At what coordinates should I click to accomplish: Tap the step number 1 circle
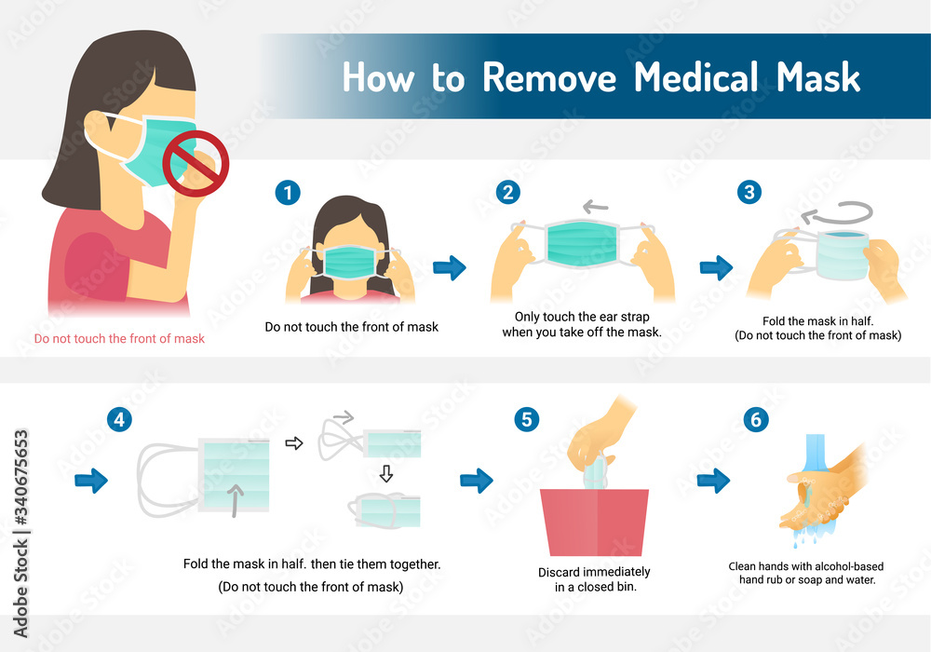pos(289,193)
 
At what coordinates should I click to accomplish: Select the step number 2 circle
pos(507,193)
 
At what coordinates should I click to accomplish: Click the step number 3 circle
pos(749,193)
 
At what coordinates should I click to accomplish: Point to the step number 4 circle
pos(118,419)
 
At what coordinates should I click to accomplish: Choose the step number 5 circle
pos(527,419)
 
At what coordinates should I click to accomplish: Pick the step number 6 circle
pos(755,419)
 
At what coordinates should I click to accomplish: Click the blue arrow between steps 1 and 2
pos(450,269)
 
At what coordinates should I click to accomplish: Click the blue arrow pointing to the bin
pos(477,481)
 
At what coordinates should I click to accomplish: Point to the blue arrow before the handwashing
pos(713,481)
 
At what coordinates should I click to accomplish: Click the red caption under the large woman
pos(119,338)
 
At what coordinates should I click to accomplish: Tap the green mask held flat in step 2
pos(582,243)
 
